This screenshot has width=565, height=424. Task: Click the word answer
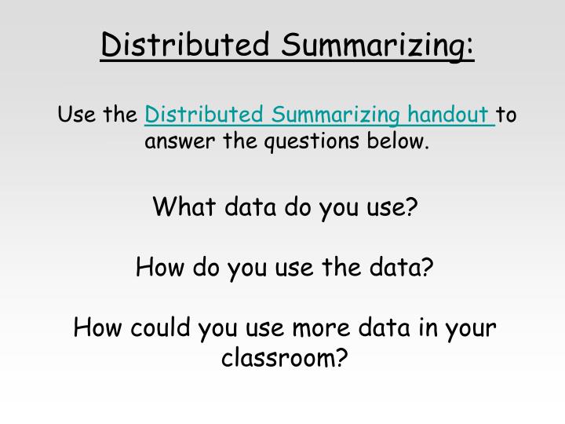click(175, 142)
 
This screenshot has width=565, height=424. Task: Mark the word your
click(469, 327)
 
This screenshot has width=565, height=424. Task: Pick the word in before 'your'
click(428, 327)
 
